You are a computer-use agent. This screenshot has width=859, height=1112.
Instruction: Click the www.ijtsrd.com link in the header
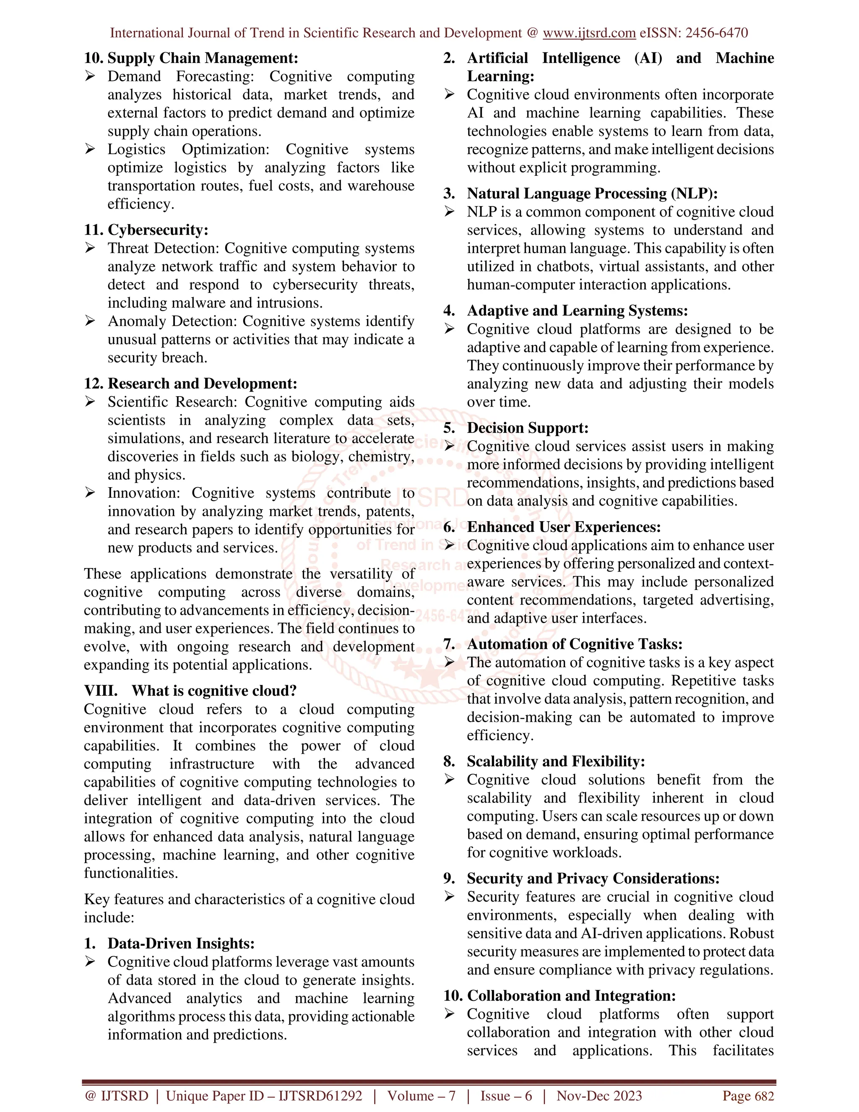tap(589, 33)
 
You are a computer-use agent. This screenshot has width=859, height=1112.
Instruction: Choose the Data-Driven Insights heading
tap(181, 943)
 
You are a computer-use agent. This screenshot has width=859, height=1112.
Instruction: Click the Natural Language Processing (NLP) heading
tap(592, 193)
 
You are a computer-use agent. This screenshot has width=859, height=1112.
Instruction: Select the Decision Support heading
tap(527, 428)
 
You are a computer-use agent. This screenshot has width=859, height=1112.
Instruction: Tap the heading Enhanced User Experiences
tap(563, 527)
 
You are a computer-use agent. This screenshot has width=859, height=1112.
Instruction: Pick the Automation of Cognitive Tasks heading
tap(575, 644)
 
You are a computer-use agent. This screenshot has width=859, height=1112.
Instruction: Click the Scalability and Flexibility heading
tap(556, 761)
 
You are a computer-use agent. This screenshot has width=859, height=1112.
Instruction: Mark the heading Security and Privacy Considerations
tap(593, 878)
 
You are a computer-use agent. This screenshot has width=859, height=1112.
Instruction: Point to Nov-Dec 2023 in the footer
tap(599, 1096)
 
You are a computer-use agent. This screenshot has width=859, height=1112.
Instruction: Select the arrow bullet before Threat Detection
tap(90, 248)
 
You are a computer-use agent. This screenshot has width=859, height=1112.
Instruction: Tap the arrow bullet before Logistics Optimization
tap(90, 149)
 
